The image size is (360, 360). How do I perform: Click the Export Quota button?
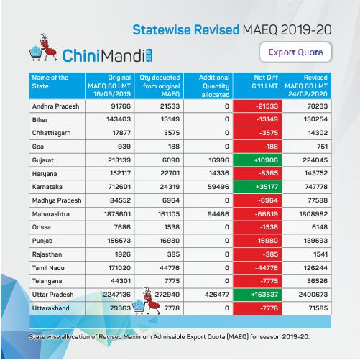click(x=295, y=52)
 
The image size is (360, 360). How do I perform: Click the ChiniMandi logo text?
click(x=107, y=55)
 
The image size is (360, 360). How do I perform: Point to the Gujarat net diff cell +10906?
click(x=258, y=160)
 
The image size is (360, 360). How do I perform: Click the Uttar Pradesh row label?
click(x=52, y=295)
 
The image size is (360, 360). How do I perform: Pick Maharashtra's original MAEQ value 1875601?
click(x=117, y=214)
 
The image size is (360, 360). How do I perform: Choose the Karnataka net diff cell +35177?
click(x=258, y=187)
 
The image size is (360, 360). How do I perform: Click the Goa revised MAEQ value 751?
click(x=322, y=147)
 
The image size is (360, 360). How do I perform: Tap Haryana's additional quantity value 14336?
click(x=219, y=173)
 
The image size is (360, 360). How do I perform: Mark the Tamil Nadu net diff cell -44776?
click(x=258, y=268)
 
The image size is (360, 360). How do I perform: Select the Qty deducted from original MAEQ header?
click(x=160, y=86)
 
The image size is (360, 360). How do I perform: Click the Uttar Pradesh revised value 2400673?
click(x=313, y=295)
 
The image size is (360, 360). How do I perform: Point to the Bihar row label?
click(x=40, y=119)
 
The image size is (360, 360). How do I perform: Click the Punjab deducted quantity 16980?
click(x=170, y=241)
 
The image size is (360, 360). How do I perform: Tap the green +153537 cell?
click(x=258, y=295)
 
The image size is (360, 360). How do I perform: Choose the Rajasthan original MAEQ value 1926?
click(x=123, y=254)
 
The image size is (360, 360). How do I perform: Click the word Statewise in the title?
click(x=162, y=30)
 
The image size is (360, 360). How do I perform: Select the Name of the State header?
click(x=50, y=82)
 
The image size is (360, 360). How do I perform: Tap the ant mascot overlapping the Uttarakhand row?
click(x=147, y=301)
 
